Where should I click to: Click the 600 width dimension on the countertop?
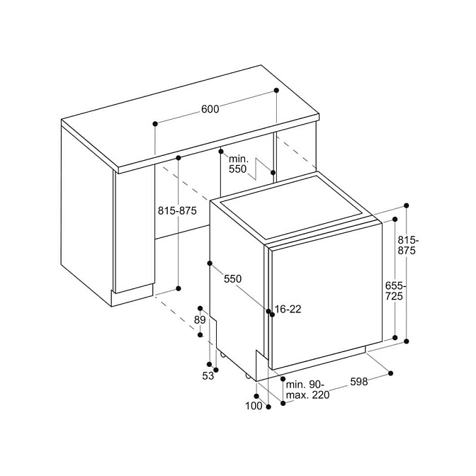click(x=210, y=109)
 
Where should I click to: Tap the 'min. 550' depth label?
click(x=238, y=164)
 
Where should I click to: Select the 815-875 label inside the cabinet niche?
click(x=177, y=210)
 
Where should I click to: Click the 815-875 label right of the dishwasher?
click(x=408, y=245)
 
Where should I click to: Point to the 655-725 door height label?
click(x=395, y=291)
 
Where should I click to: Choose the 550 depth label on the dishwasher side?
click(x=232, y=278)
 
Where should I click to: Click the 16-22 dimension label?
click(x=288, y=309)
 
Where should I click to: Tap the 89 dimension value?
click(x=200, y=320)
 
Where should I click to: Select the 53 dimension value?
click(x=208, y=376)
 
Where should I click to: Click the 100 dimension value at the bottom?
click(x=254, y=406)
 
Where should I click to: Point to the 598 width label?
click(x=359, y=382)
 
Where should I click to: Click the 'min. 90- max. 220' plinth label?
click(x=307, y=390)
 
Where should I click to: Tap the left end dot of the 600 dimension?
click(x=155, y=123)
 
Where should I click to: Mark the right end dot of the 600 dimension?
click(x=276, y=90)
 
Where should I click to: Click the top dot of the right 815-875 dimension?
click(x=407, y=205)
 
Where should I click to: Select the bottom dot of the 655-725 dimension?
click(x=395, y=338)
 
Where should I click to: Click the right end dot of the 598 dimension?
click(x=391, y=373)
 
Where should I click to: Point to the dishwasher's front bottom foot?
click(x=248, y=376)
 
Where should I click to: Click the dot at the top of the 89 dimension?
click(x=200, y=308)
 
